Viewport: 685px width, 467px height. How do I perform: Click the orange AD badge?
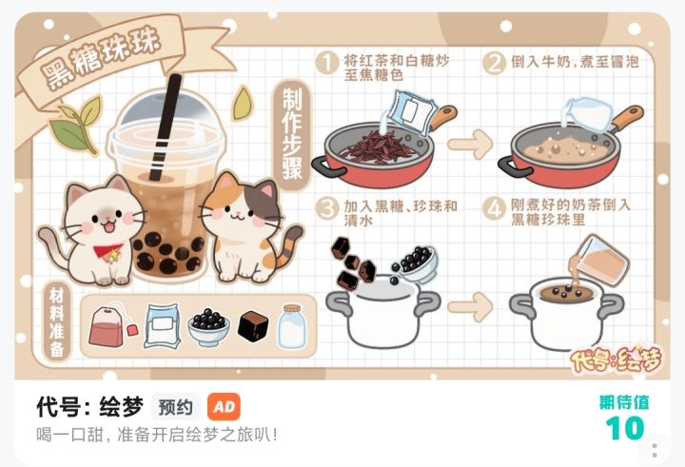(224, 407)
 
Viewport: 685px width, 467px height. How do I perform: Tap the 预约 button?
(175, 407)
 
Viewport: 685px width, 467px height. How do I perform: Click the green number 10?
(625, 428)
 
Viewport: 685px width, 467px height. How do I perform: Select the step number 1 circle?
(326, 64)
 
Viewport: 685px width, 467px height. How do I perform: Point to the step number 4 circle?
(494, 209)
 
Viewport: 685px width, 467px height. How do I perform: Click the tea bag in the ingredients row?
(111, 325)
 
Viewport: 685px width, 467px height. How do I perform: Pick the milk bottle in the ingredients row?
(292, 327)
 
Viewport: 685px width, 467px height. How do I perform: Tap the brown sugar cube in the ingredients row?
(253, 326)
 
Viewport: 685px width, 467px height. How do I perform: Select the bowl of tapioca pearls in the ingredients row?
(208, 327)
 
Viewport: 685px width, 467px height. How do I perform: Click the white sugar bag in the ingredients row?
(162, 326)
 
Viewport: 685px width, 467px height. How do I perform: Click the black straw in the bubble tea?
(165, 127)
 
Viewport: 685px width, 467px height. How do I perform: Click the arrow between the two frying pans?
(470, 145)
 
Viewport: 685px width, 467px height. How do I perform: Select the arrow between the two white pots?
(470, 307)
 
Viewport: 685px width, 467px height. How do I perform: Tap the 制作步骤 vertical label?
(292, 134)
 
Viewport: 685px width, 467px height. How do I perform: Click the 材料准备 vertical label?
(57, 322)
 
